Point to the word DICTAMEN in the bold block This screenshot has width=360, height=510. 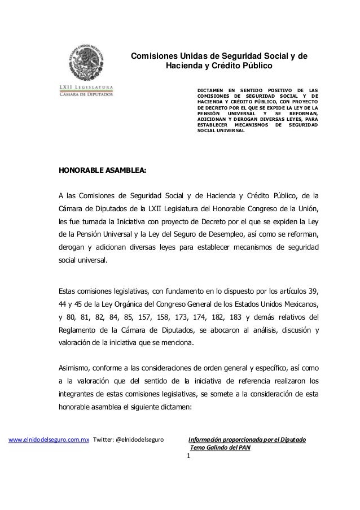coord(210,89)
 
